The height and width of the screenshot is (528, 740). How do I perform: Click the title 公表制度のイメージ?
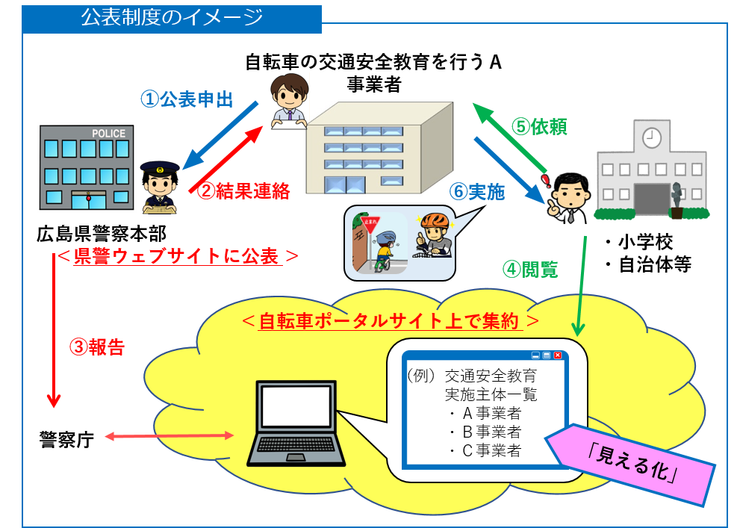point(172,17)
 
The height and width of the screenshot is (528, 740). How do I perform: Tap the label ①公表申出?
point(187,99)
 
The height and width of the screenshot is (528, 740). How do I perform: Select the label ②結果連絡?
point(243,190)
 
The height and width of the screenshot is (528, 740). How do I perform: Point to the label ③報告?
point(97,347)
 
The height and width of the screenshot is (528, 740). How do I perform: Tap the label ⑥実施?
point(478,192)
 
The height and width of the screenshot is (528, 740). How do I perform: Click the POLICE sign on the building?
point(108,134)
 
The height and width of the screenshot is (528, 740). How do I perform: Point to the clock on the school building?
point(652,137)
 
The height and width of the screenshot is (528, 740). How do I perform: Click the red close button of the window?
point(557,356)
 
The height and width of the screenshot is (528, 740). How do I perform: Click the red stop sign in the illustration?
point(370,223)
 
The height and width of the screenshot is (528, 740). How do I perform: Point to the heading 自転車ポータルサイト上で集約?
point(388,322)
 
